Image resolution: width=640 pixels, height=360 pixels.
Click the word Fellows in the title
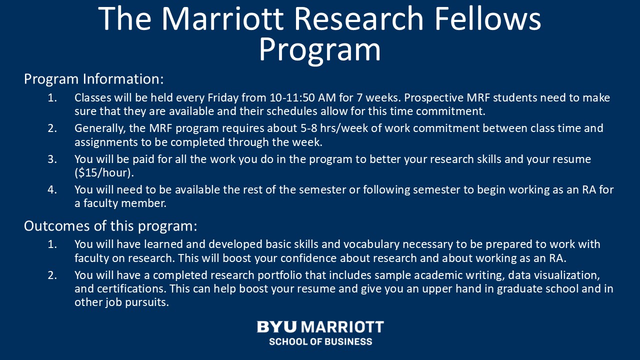tap(487, 18)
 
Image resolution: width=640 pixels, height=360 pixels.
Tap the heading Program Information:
tap(93, 79)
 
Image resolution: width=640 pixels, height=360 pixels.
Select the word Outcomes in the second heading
tap(57, 225)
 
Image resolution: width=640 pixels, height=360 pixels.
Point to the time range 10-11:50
tap(292, 97)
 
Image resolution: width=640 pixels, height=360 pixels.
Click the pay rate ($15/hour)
tap(104, 172)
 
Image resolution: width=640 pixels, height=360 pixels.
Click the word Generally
tap(100, 128)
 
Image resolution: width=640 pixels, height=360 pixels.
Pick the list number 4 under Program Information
tap(52, 189)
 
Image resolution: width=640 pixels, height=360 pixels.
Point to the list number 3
tap(52, 159)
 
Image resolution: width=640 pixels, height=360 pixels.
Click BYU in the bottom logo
tap(276, 327)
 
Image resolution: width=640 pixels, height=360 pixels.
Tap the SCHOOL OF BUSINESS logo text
tap(320, 341)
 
